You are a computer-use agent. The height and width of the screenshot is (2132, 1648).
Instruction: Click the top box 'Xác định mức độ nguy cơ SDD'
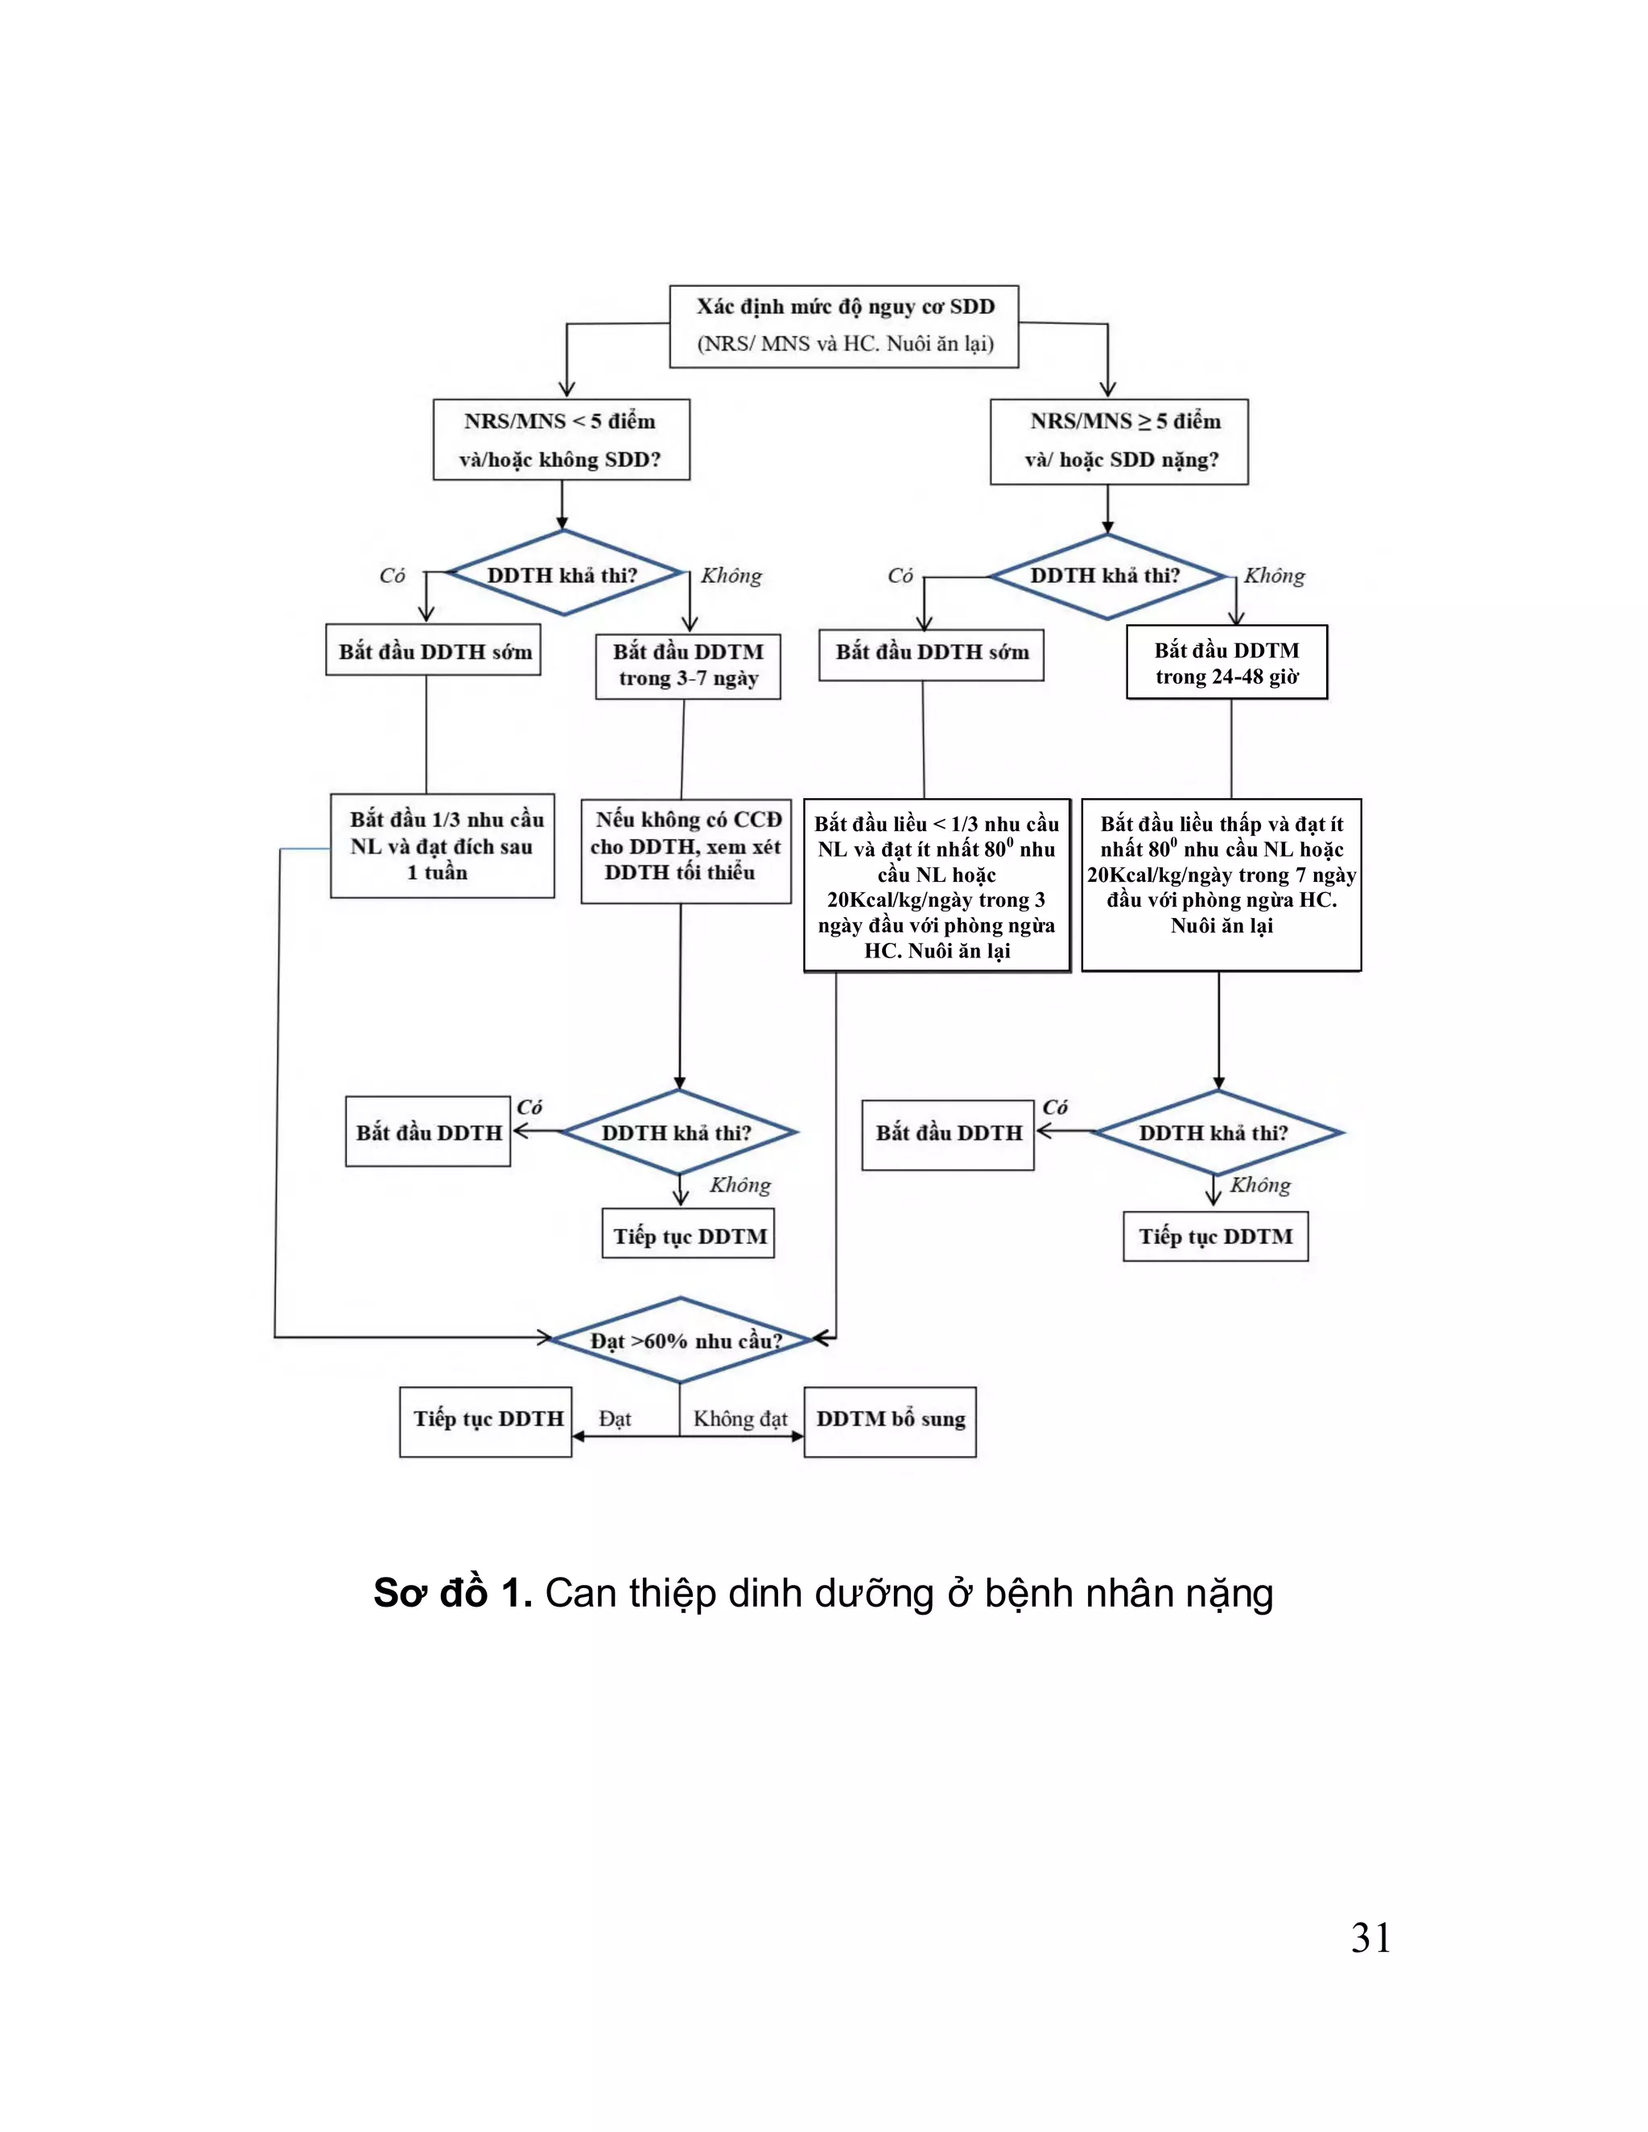[x=843, y=326]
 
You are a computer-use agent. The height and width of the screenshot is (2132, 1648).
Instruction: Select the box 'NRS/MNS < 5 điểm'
[x=562, y=439]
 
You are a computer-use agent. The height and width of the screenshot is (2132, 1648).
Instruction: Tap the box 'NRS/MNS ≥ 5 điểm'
[x=1119, y=441]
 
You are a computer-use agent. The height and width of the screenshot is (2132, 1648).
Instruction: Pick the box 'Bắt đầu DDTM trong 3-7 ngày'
[x=688, y=666]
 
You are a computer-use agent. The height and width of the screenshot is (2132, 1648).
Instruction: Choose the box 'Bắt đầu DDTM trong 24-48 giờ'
[x=1227, y=663]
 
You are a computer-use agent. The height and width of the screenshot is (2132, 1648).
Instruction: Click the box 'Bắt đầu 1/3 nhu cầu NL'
[x=443, y=846]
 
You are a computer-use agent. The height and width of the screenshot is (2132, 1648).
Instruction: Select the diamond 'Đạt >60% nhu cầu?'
[x=681, y=1340]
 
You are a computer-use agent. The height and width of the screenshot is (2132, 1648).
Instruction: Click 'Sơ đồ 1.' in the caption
[x=452, y=1594]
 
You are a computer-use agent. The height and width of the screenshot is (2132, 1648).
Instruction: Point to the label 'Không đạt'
[x=740, y=1418]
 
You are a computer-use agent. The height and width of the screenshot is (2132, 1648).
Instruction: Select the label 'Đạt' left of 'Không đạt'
[x=615, y=1418]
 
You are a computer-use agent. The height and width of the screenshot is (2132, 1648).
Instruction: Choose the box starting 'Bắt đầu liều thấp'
[x=1222, y=883]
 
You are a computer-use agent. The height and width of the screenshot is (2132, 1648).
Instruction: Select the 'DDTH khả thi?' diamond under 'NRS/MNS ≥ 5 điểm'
[x=1106, y=576]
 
